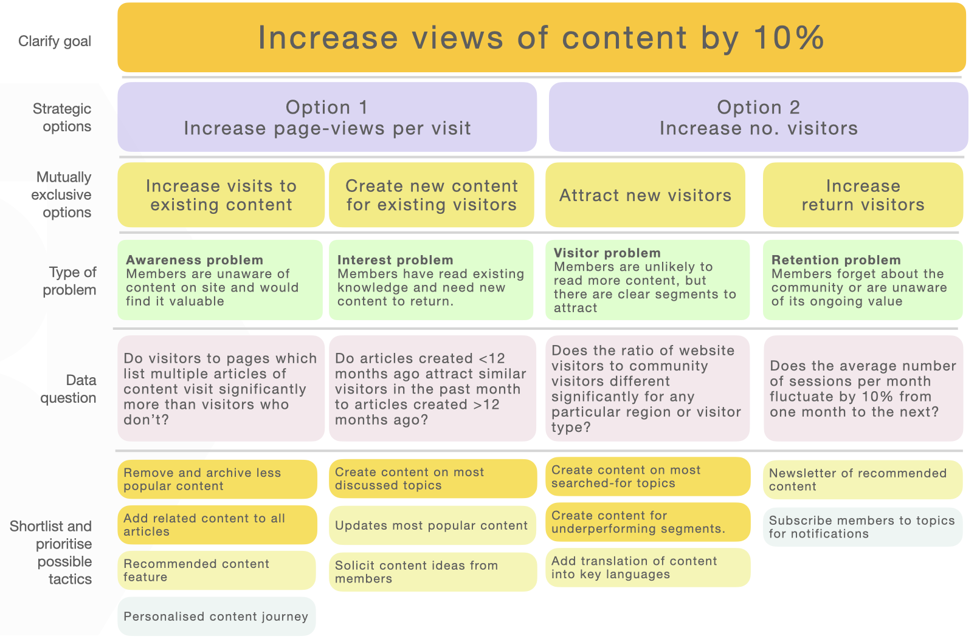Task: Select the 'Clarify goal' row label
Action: tap(55, 41)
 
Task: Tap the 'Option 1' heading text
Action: tap(326, 108)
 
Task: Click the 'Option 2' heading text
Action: tap(759, 108)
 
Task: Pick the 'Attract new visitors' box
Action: tap(645, 195)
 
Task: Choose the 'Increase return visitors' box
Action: tap(863, 195)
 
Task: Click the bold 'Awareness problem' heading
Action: tap(195, 260)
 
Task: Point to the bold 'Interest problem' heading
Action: tap(395, 260)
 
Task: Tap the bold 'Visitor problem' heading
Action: tap(607, 253)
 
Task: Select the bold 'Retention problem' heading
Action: tap(836, 260)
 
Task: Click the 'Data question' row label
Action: tap(68, 389)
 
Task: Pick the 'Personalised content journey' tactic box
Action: tap(216, 617)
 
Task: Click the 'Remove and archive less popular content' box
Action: tap(217, 479)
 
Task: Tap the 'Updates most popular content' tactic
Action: tap(432, 525)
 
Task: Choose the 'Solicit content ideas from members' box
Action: tap(433, 572)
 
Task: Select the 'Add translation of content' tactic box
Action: tap(647, 567)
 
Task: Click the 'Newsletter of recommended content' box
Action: tap(863, 479)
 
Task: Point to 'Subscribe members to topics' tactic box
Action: tap(863, 527)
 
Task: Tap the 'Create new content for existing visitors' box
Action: tap(432, 195)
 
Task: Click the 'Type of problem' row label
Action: tap(69, 281)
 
